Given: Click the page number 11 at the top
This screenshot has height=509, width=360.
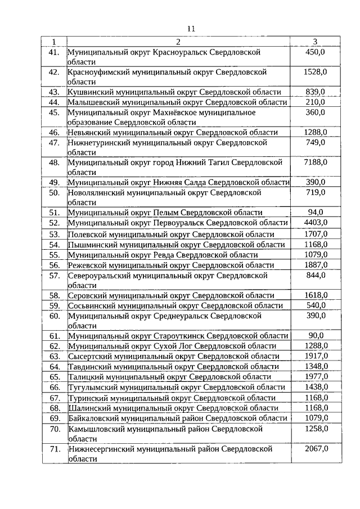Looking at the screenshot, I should coord(191,29).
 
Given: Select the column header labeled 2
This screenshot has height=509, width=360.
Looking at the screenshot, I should coord(178,42).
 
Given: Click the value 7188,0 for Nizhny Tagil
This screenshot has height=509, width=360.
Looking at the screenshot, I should coord(315,163).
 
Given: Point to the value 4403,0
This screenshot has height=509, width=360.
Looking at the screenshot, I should coord(315,223).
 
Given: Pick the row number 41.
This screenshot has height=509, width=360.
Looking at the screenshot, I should coord(54,52).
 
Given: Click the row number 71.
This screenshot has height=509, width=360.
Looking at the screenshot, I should coord(54,449).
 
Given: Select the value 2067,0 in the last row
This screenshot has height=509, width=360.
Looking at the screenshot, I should coord(315,449).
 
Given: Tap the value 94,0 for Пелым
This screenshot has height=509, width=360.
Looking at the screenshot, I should coord(315,212).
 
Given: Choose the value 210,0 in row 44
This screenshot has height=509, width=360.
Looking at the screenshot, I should coord(315,102).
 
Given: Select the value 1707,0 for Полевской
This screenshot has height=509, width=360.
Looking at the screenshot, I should coord(315,233).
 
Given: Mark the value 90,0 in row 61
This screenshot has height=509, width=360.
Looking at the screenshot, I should coord(315,336).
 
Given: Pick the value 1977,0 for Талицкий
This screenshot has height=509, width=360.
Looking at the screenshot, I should coord(315,376).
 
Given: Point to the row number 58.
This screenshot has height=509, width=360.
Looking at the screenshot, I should coord(54,295).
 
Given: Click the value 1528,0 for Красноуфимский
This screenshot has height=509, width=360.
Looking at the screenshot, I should coord(315,72).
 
